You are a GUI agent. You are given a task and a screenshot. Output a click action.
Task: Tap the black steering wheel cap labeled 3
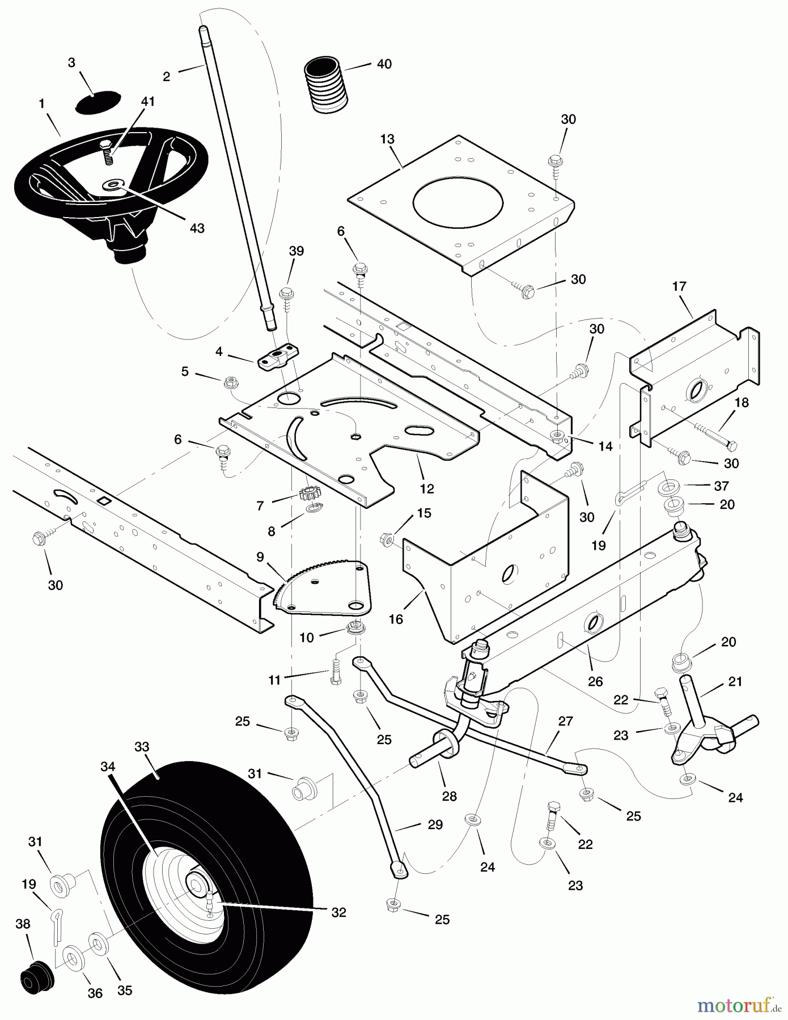point(98,103)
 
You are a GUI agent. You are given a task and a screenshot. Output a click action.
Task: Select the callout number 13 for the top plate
point(387,139)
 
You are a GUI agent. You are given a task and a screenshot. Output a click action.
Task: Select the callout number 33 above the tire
point(142,747)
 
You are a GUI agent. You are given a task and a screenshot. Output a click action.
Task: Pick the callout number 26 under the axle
point(595,681)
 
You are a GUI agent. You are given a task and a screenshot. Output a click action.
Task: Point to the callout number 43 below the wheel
point(197,228)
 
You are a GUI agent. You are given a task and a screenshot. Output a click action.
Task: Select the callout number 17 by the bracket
point(679,287)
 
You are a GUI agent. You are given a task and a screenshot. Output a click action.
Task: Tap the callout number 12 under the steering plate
point(427,488)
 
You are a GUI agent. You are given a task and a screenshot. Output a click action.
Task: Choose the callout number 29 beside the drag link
point(435,825)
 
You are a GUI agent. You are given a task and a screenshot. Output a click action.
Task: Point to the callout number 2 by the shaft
point(166,76)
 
